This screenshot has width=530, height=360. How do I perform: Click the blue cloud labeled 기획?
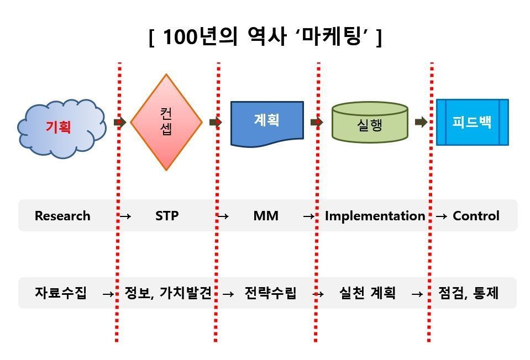61,129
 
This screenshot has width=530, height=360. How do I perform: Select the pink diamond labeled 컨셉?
166,122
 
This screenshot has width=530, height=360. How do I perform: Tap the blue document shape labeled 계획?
267,124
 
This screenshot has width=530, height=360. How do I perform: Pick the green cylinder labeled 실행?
370,122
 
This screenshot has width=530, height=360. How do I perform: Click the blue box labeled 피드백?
472,122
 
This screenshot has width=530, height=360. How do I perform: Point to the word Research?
62,216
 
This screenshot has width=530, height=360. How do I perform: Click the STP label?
167,216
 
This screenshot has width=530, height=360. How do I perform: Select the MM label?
266,216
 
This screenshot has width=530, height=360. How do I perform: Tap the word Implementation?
375,216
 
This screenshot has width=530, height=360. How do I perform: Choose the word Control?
476,216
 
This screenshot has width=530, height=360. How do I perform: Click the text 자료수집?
61,293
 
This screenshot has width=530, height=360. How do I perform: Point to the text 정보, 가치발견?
168,293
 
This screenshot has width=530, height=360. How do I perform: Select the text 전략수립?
270,293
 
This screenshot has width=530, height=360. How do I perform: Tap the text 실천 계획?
367,293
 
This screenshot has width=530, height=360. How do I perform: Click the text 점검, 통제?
469,293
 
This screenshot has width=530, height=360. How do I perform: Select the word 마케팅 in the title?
332,36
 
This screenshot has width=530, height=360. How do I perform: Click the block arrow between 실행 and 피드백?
421,122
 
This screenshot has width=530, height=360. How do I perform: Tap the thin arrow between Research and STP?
125,216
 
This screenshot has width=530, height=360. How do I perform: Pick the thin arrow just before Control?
442,216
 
